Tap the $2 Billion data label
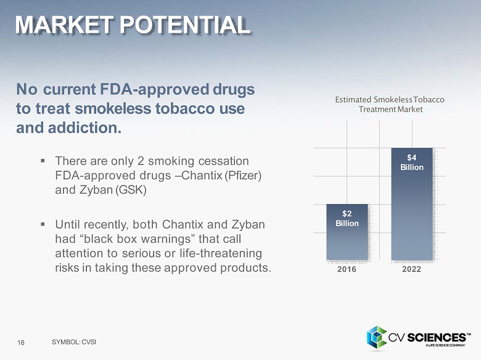[347, 218]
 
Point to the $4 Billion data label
[411, 163]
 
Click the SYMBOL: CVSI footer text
[74, 342]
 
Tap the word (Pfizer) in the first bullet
[244, 176]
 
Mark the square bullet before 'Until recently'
[43, 223]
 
